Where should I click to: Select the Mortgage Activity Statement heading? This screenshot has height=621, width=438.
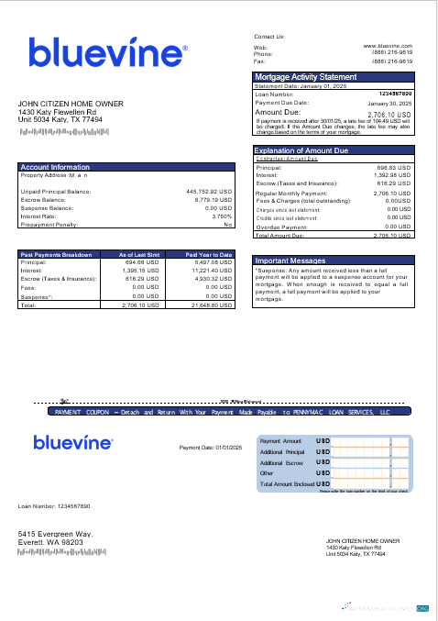click(305, 77)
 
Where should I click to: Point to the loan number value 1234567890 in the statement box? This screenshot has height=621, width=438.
click(394, 94)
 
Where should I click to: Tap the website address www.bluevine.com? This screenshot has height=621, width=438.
click(388, 45)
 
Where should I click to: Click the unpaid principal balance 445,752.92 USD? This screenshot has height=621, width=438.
click(208, 192)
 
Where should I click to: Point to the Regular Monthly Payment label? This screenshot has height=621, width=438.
click(290, 194)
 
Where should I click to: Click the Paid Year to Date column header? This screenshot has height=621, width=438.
click(209, 254)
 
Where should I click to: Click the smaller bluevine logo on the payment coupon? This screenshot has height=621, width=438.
click(73, 443)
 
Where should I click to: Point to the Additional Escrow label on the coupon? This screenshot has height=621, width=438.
click(281, 463)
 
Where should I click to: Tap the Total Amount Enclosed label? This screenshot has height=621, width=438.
click(287, 483)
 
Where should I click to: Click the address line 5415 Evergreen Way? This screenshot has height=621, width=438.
click(56, 534)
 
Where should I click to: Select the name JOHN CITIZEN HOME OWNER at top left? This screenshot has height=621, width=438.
click(71, 104)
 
